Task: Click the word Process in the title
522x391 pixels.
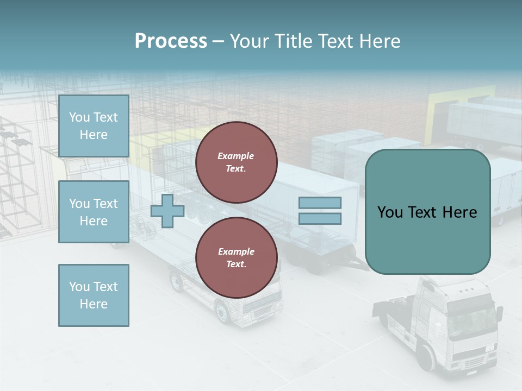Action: coord(171,41)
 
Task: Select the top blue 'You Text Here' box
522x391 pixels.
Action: coord(94,126)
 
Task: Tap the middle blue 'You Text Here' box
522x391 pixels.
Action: coord(94,212)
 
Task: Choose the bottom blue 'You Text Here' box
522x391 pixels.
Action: coord(94,295)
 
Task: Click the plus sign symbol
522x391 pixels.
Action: coord(167,211)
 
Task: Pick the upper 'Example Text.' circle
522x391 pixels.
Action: coord(236,162)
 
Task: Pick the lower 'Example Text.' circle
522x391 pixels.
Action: coord(236,258)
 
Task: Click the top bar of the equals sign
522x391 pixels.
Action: coord(320,203)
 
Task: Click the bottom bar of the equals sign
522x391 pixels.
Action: coord(320,219)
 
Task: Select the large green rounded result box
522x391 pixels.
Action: coord(427,212)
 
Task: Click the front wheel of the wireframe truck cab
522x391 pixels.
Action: coord(222,313)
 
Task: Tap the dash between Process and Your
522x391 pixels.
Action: coord(218,41)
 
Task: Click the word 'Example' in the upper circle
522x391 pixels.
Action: coord(236,156)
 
